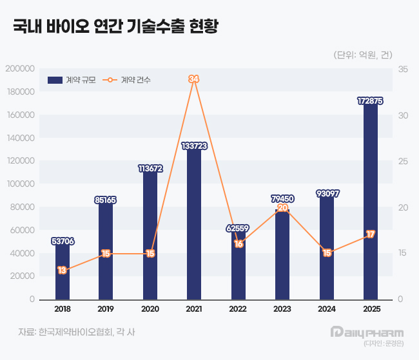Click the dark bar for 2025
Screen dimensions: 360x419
click(370, 200)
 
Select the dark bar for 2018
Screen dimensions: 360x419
click(63, 270)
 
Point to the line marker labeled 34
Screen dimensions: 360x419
click(194, 79)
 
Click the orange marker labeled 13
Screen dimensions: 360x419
click(63, 270)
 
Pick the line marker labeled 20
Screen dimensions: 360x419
click(282, 207)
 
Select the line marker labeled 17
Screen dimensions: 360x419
click(370, 234)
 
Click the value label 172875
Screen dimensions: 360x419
click(370, 100)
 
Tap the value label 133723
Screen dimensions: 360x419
click(194, 146)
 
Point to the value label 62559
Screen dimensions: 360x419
click(239, 228)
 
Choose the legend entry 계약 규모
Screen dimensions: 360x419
click(72, 80)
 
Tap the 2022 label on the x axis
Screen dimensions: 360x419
click(239, 310)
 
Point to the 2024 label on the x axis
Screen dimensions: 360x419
click(326, 310)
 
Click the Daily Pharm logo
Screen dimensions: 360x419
click(366, 332)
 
